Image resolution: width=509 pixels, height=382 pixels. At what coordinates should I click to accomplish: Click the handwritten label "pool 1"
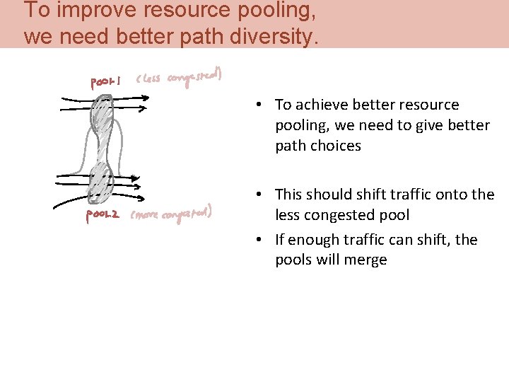click(x=105, y=83)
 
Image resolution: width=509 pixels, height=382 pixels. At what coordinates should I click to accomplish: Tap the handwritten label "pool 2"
click(x=103, y=215)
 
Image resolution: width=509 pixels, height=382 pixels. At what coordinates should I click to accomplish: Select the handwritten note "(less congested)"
click(x=180, y=79)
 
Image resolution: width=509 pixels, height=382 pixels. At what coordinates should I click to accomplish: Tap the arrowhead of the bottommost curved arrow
click(x=144, y=197)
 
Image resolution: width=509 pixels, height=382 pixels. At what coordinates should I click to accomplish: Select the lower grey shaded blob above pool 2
click(x=100, y=181)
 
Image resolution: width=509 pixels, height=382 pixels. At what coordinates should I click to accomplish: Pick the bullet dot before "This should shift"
click(x=260, y=195)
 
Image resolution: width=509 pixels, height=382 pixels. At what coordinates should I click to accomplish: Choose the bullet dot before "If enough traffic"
click(x=260, y=241)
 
